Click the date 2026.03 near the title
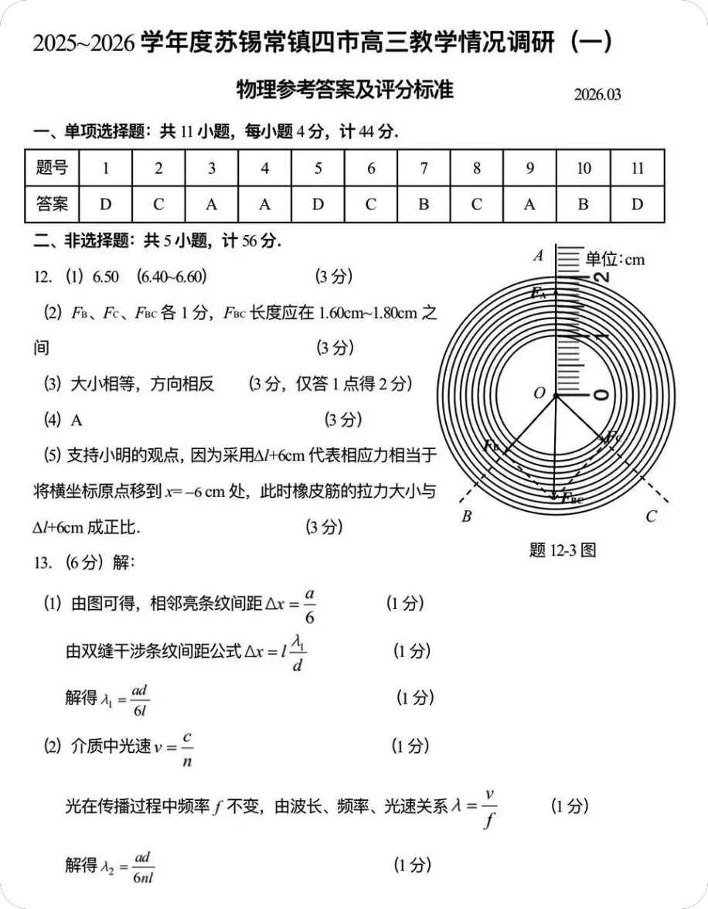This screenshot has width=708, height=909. (x=597, y=95)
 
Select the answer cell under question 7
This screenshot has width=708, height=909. (x=424, y=204)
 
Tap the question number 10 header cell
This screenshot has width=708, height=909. (x=584, y=169)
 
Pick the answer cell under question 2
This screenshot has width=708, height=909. (x=158, y=204)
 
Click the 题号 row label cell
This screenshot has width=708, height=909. (x=52, y=168)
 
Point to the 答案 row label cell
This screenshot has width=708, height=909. (x=52, y=204)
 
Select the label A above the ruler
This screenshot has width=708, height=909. (x=539, y=256)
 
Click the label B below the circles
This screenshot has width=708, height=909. (x=466, y=516)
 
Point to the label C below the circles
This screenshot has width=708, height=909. (x=651, y=516)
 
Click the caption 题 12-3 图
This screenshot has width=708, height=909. (x=563, y=550)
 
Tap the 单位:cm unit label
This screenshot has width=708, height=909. (x=614, y=259)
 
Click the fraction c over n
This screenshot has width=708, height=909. (x=188, y=747)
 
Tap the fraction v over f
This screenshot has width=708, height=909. (x=488, y=808)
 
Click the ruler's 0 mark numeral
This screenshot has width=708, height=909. (x=601, y=395)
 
